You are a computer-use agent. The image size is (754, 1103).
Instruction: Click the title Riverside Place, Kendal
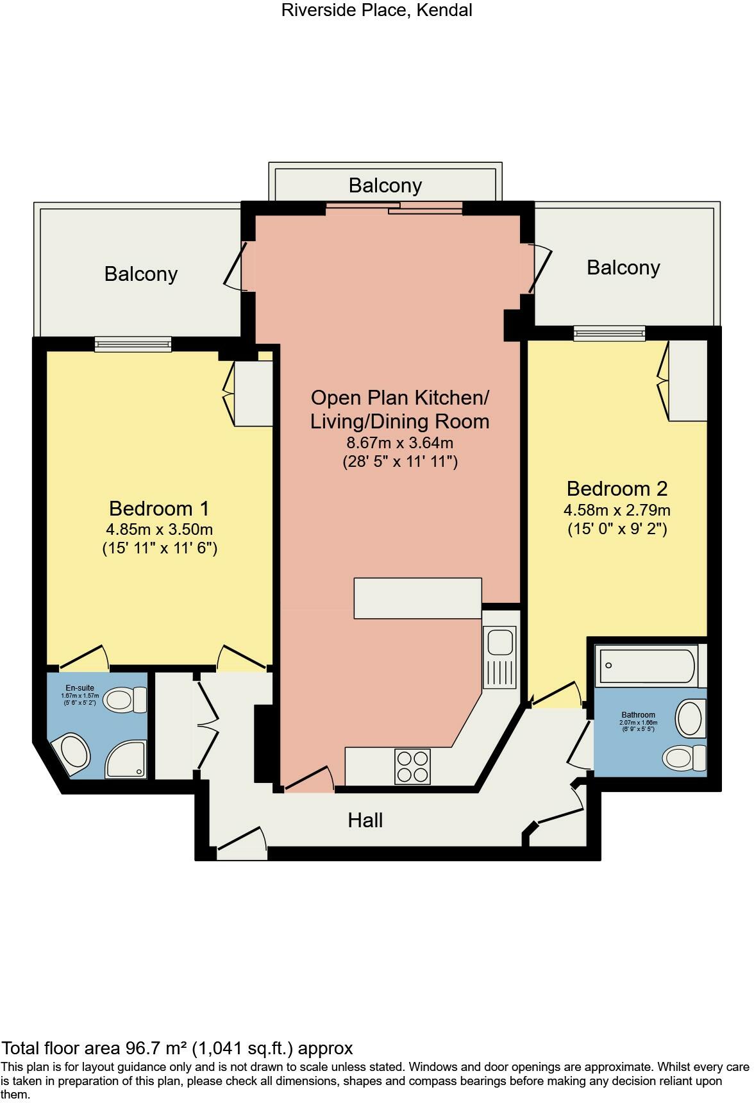point(376,10)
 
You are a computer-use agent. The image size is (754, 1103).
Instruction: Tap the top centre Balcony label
point(385,185)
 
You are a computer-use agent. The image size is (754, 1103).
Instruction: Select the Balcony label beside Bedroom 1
point(140,274)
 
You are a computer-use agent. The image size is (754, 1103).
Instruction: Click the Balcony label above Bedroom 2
point(623,267)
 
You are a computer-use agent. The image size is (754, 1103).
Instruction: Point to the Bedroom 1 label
point(159,509)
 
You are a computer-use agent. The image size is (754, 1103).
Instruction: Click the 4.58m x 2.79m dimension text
point(617,510)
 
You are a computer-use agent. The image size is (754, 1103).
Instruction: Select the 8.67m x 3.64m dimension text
point(399,442)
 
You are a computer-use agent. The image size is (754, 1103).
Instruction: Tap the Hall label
point(365,820)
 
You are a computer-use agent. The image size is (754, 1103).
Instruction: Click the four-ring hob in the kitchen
point(412,766)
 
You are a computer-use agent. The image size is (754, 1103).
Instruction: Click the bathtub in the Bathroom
point(646,666)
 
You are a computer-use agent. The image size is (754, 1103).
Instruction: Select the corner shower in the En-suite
point(126,759)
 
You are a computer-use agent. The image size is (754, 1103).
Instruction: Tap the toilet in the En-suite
point(124,700)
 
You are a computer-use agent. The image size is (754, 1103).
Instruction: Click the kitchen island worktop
point(417,598)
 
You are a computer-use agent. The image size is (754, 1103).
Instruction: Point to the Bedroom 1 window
point(133,344)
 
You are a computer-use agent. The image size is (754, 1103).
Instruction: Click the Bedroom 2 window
point(609,333)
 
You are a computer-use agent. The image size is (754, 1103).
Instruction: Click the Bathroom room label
point(638,715)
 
